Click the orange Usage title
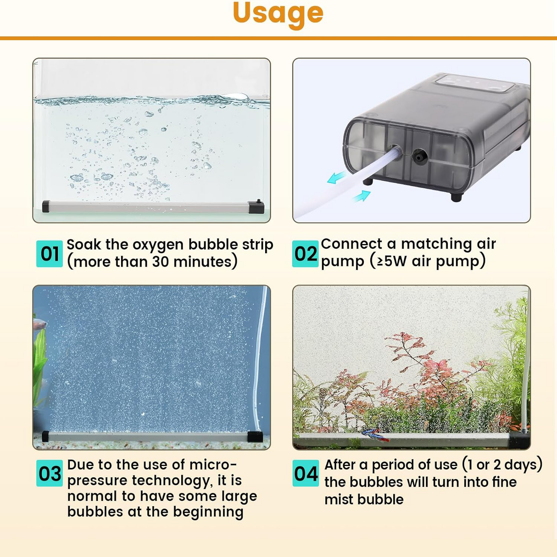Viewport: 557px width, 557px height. pos(278,13)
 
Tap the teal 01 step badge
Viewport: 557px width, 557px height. pos(49,254)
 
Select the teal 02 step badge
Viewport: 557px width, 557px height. pos(305,254)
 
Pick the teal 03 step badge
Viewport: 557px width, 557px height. pos(49,473)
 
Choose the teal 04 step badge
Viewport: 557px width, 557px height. pos(305,473)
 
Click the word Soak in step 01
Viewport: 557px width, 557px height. pos(83,245)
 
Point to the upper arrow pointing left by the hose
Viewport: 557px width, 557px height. pos(337,178)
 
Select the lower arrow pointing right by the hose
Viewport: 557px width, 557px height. pos(362,196)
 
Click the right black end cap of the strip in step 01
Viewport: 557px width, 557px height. pos(256,207)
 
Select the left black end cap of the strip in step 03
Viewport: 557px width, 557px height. pos(45,436)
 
